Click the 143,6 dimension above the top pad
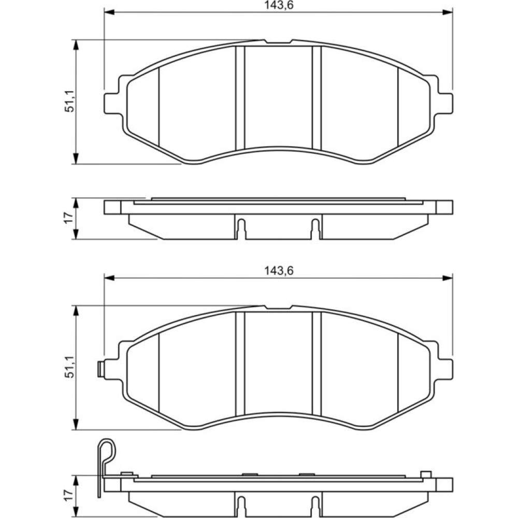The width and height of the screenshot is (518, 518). pos(279,5)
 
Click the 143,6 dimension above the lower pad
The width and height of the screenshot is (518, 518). pos(279,271)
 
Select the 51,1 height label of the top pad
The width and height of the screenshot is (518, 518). pos(69,102)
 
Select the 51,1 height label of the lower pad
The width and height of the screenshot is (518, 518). pos(69,367)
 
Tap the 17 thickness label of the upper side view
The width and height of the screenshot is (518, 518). pos(69,219)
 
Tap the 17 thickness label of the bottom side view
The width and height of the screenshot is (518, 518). pos(69,496)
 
